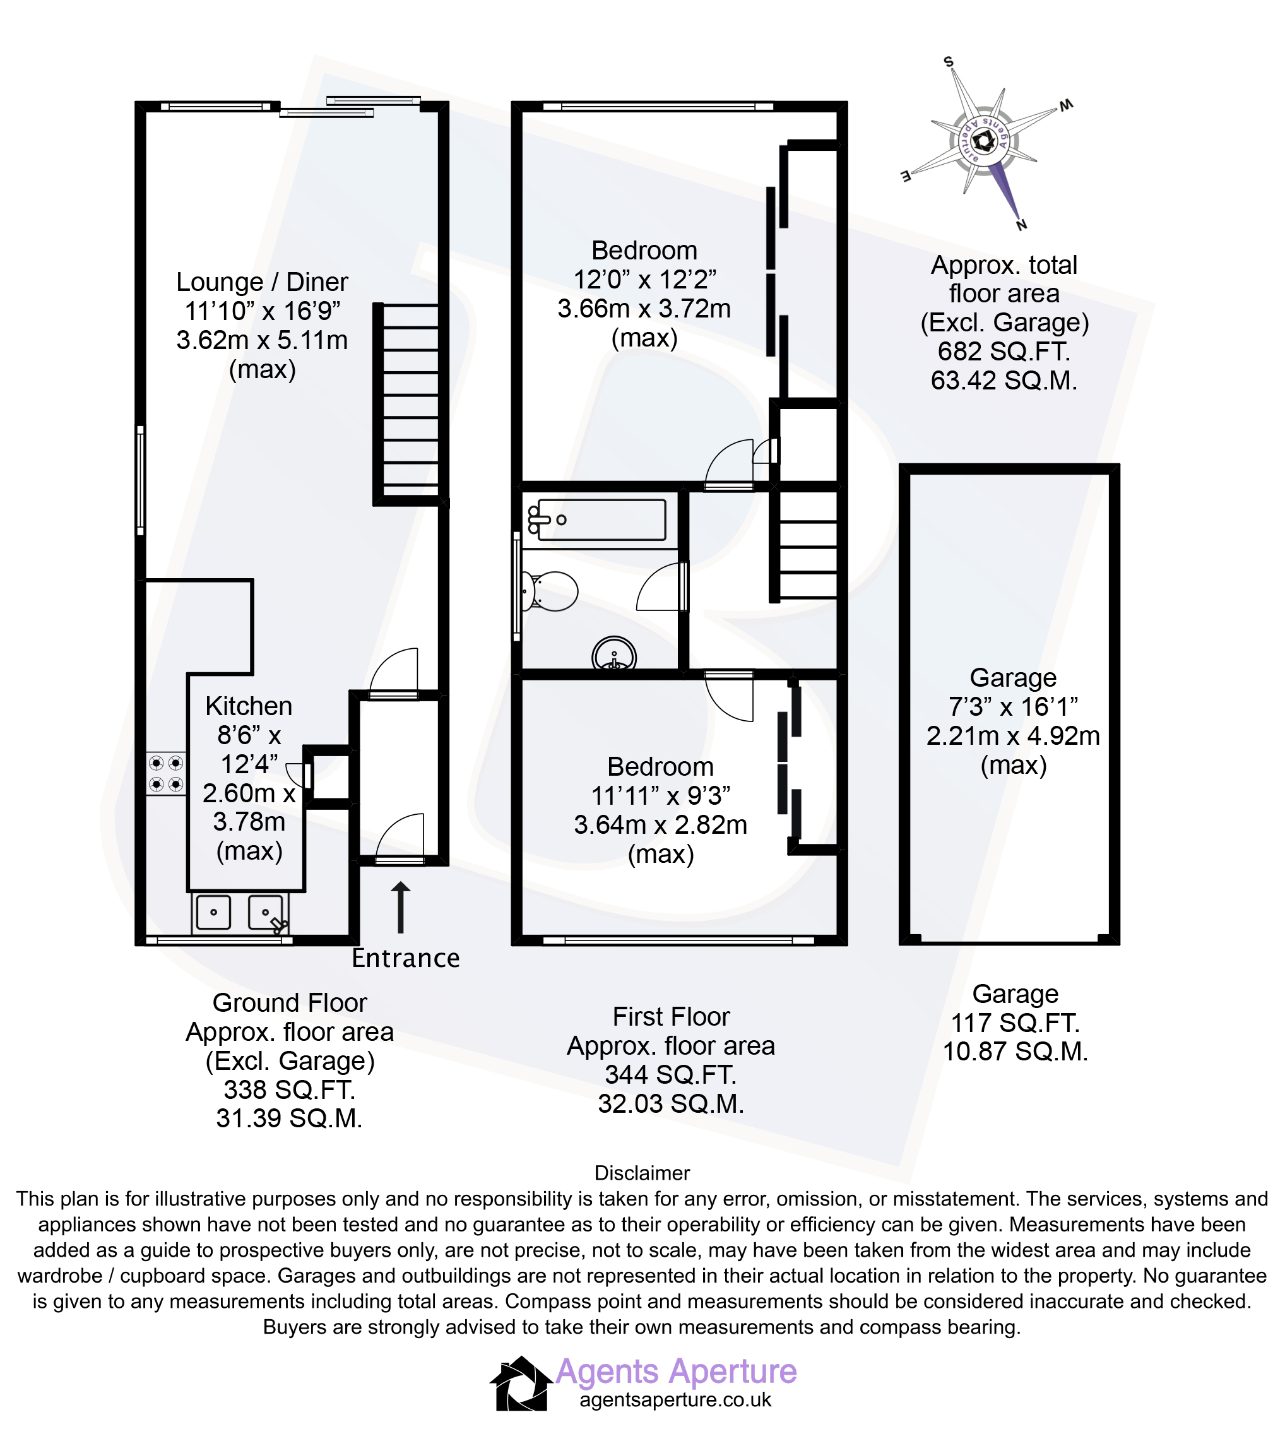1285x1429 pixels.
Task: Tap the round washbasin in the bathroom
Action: coord(613,656)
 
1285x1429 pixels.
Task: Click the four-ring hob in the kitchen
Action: coord(166,773)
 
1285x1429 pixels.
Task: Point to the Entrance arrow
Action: coord(400,907)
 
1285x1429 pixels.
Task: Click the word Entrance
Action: coord(406,958)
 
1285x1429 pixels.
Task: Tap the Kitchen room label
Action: coord(249,706)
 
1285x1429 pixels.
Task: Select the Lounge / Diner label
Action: coord(262,282)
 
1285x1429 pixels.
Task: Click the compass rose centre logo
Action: coord(983,141)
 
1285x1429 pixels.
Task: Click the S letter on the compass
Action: coord(949,62)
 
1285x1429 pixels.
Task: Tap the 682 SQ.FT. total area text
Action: coord(1004,351)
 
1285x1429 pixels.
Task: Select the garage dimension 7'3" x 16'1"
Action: coord(1013,706)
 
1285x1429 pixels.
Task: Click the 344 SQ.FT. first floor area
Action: coord(671,1074)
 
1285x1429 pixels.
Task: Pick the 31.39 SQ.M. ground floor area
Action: coord(290,1118)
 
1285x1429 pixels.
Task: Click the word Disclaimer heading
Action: coord(642,1173)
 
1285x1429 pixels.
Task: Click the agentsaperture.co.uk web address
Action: coord(676,1400)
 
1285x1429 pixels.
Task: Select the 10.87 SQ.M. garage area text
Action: coord(1016,1052)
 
